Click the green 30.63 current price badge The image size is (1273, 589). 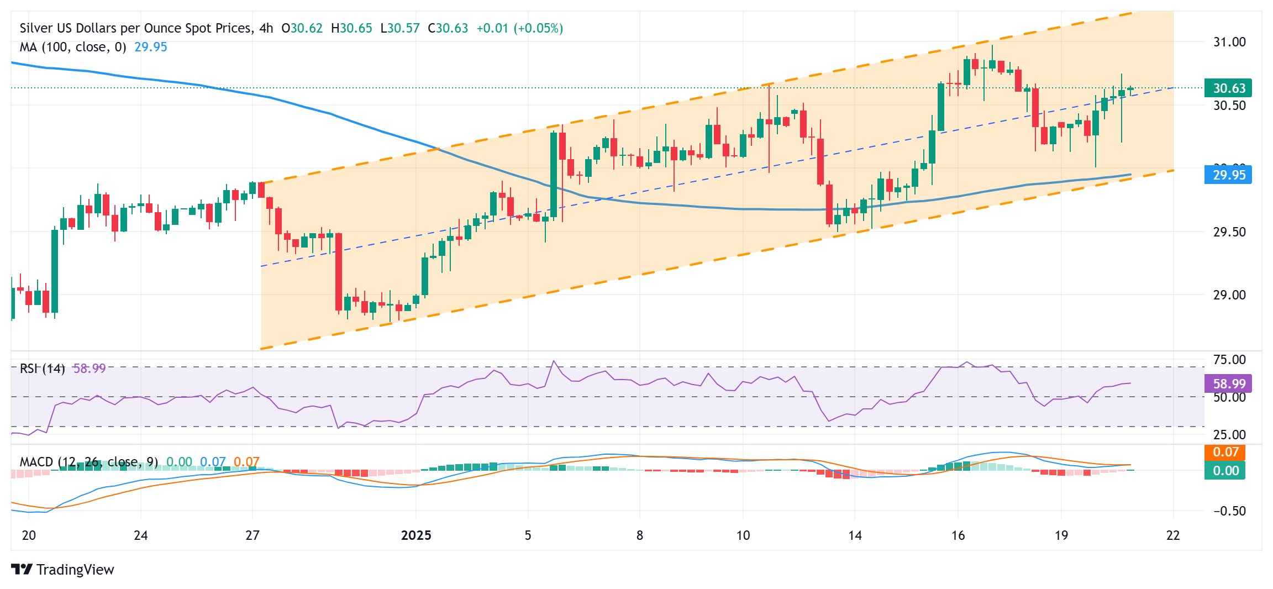coord(1228,88)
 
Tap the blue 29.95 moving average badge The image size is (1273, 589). coord(1228,175)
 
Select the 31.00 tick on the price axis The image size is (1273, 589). coord(1229,42)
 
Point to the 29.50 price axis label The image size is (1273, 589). coord(1229,232)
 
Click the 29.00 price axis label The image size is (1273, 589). coord(1229,295)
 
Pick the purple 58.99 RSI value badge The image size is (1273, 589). coord(1229,383)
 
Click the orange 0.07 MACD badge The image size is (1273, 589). coord(1225,452)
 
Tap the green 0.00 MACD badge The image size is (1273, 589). coord(1225,471)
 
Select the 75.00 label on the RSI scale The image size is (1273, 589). coord(1229,360)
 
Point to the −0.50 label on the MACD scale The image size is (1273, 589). coord(1229,511)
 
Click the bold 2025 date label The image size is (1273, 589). coord(416,535)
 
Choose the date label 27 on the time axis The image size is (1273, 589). coord(253,535)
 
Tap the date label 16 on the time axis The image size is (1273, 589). coord(958,535)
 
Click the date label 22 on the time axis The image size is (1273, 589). coord(1172,535)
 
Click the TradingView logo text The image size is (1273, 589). coord(75,570)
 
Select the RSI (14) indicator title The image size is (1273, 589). coord(42,369)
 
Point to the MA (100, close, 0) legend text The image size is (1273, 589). coord(73,47)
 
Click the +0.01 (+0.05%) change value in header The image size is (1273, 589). coord(519,28)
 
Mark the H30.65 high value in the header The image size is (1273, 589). coord(351,28)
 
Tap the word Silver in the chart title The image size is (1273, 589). coord(36,28)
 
